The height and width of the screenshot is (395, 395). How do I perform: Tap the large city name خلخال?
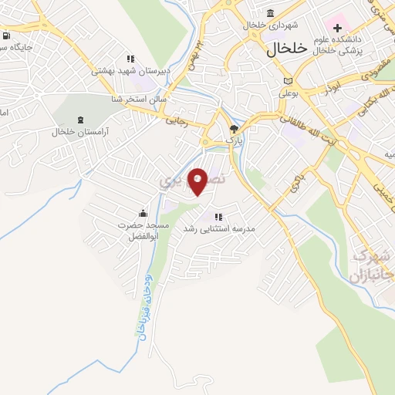click(x=287, y=49)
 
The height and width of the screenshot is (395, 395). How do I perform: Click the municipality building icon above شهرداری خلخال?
click(x=270, y=13)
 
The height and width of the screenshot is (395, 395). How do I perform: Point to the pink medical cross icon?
click(x=337, y=28)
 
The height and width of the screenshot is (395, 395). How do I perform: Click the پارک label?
click(x=234, y=141)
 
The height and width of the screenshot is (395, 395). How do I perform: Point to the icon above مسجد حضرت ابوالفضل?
click(x=143, y=213)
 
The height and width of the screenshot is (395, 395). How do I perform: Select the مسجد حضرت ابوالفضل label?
click(x=143, y=230)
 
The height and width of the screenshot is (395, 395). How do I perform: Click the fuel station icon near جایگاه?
click(x=6, y=35)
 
